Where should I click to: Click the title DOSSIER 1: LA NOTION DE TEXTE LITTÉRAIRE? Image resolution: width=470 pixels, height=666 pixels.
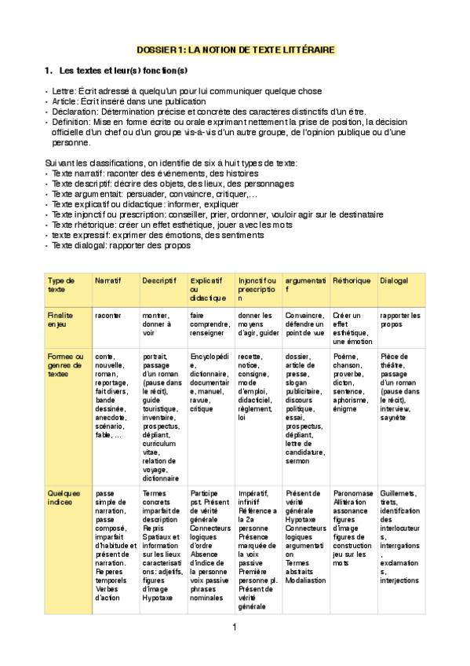(235, 49)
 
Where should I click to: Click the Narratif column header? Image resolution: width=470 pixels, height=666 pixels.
(108, 280)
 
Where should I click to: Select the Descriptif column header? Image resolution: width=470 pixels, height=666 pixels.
(159, 280)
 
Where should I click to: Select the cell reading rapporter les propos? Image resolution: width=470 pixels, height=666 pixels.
(399, 320)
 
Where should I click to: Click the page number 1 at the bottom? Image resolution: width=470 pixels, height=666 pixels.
(234, 627)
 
